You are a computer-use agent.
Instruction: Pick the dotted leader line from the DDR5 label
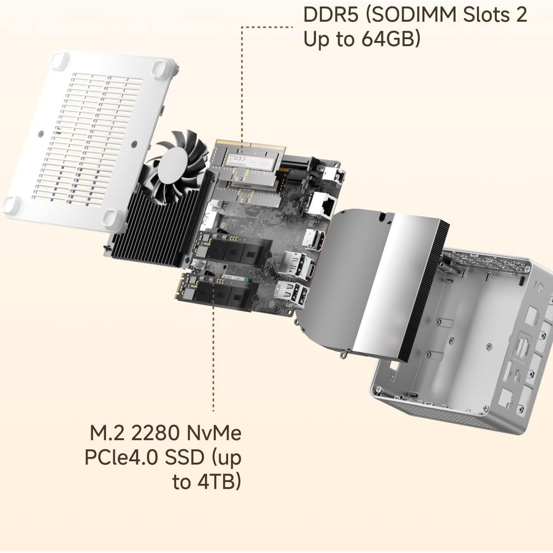point(243,83)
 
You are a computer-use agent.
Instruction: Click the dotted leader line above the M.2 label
point(213,359)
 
